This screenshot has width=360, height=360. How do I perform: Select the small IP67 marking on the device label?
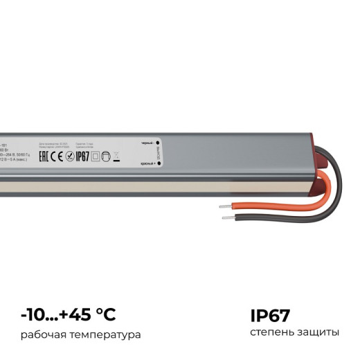tap(82, 156)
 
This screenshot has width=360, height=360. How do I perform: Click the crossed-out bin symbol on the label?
tap(116, 156)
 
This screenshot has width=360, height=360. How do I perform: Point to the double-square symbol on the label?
tap(96, 156)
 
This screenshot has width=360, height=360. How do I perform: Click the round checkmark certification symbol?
tap(69, 156)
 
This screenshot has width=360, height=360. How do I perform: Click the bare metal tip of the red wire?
tap(223, 206)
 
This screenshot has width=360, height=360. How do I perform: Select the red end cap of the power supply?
tap(321, 170)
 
